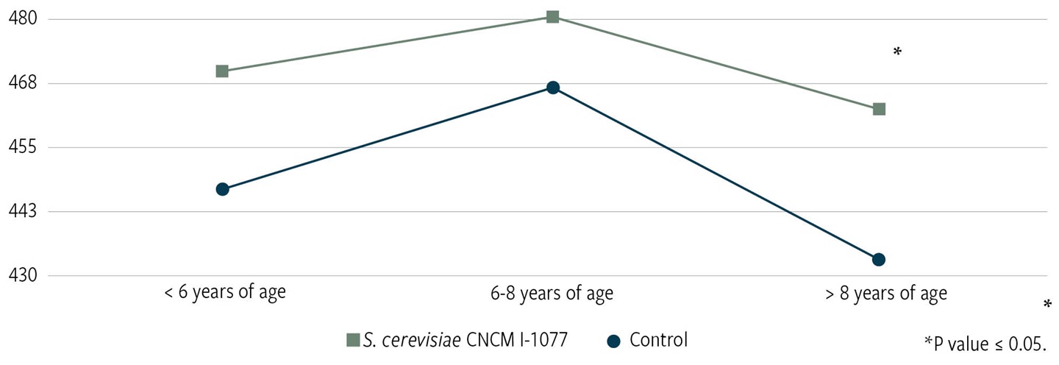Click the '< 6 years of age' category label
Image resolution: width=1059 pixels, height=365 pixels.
225,292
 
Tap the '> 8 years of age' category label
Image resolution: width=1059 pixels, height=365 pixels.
885,293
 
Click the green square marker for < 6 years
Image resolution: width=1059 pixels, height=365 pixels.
222,71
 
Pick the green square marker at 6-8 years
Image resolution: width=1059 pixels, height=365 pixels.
553,17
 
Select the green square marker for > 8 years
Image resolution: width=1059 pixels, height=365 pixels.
879,109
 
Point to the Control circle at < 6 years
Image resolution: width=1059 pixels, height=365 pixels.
222,189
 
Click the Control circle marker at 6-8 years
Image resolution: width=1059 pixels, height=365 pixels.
553,88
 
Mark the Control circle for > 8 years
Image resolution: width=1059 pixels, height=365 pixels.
878,259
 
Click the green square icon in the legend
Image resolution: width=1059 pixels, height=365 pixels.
353,340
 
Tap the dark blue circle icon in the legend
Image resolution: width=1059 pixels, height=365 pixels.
615,341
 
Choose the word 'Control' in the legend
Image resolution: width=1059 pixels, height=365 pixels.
659,340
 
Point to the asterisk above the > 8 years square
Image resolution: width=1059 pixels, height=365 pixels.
896,52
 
